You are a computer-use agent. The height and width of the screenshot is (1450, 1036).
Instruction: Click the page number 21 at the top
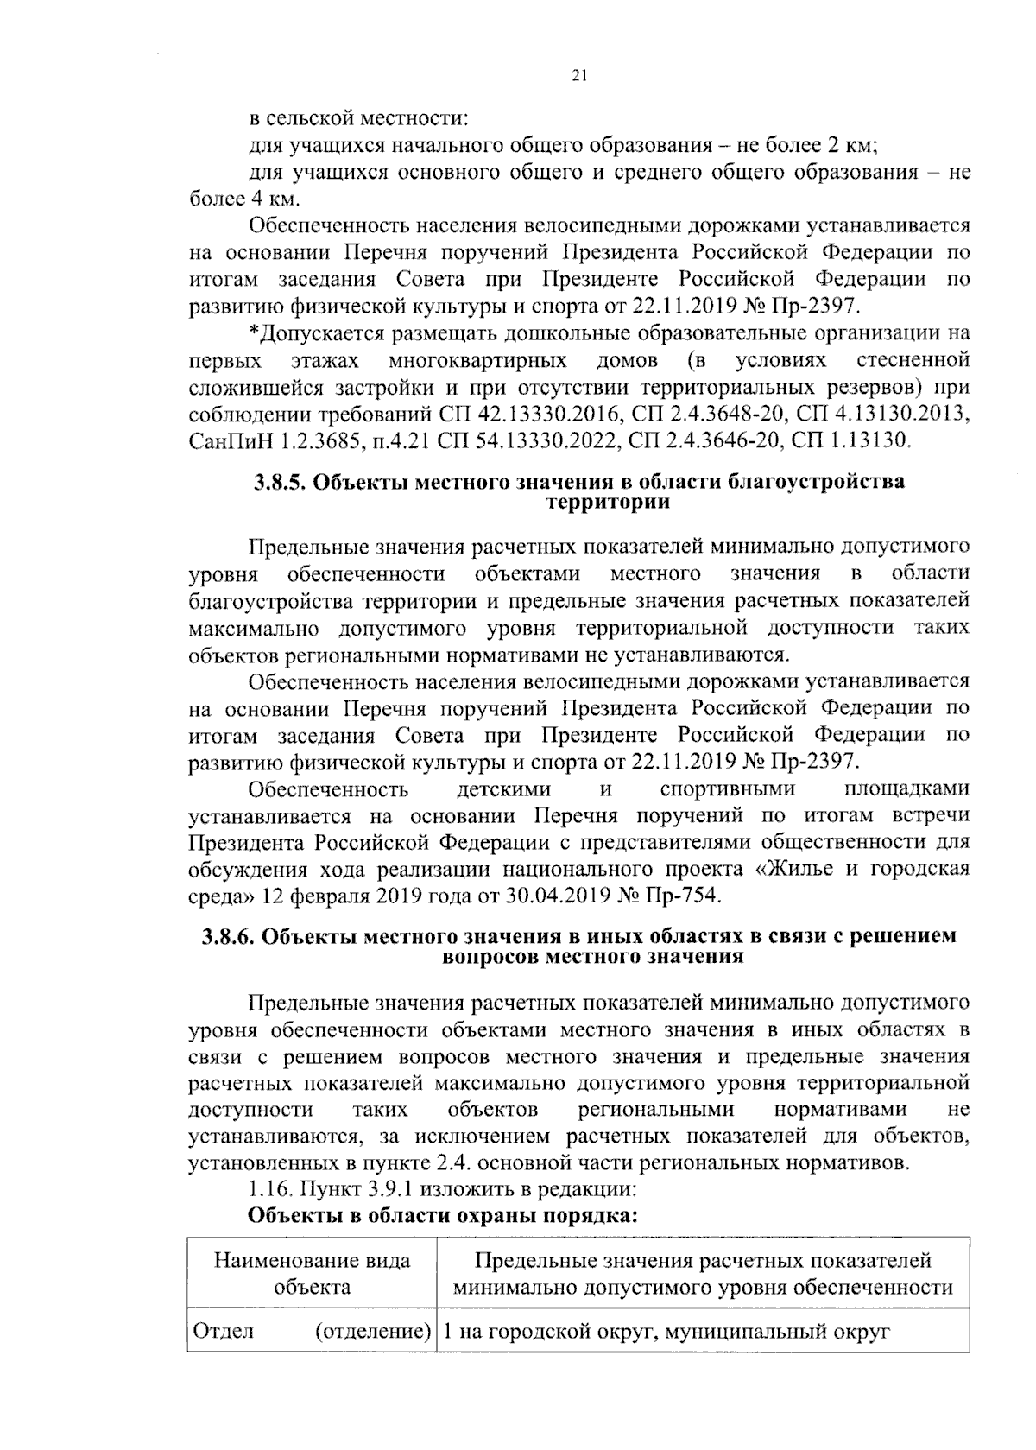[579, 76]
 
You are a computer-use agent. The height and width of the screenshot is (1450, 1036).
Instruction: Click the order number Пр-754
[684, 895]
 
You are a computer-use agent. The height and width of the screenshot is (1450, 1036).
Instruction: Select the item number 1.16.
[269, 1188]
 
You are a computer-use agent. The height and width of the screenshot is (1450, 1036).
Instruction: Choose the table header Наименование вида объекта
[312, 1273]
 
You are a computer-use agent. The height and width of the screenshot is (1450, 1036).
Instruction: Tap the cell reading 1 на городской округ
[665, 1331]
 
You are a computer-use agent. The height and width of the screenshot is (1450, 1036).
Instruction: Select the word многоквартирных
[477, 359]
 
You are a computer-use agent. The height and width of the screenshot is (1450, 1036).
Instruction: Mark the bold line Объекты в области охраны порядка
[443, 1215]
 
